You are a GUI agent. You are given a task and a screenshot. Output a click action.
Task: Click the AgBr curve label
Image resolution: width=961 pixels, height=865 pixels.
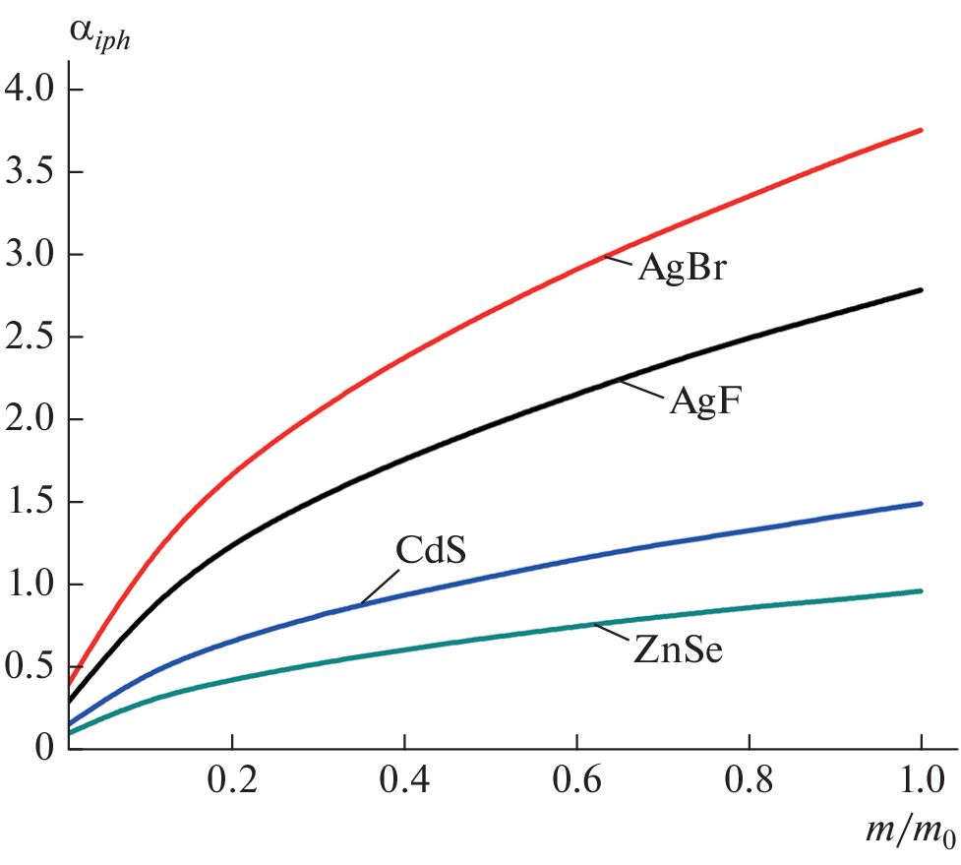682,269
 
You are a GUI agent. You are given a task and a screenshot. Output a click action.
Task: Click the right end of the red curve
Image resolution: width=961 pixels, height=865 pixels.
921,130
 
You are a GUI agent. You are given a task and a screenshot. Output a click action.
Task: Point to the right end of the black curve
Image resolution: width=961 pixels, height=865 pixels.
921,290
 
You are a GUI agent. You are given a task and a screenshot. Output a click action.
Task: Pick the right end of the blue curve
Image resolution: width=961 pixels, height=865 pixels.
921,504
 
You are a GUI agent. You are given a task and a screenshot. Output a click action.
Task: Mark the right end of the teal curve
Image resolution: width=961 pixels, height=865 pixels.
921,591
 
